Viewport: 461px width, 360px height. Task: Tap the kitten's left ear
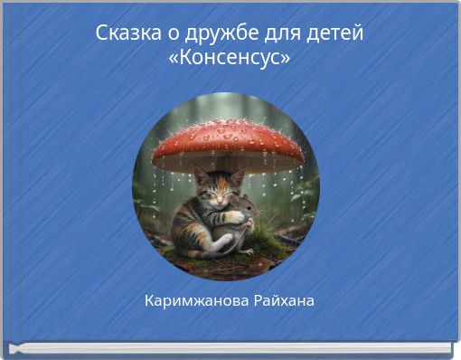[x=202, y=173]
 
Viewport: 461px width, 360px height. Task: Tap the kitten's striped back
[x=185, y=217]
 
